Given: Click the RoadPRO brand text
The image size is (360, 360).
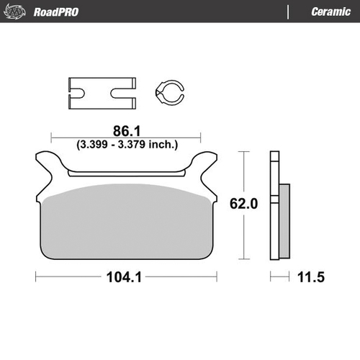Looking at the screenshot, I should [x=56, y=12].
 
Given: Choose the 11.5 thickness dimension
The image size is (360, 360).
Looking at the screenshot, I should [x=312, y=276].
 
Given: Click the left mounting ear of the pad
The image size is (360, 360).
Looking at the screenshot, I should [x=48, y=163].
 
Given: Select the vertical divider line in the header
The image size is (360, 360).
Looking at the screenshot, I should [x=289, y=12].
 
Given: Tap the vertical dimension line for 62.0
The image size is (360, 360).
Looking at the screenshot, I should [x=247, y=173].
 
